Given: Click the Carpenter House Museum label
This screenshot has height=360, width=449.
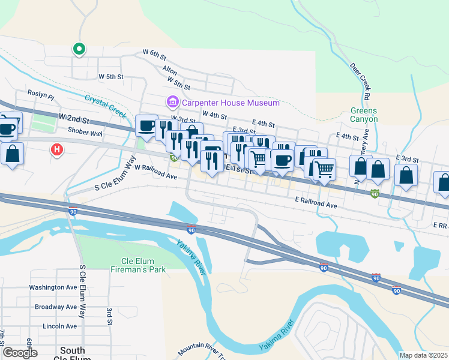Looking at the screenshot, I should point(231,103).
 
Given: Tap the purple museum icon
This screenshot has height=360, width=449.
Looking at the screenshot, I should point(173,103).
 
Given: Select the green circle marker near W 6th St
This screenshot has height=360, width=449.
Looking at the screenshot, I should point(79,49).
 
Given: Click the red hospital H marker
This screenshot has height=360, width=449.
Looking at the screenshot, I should point(57,149).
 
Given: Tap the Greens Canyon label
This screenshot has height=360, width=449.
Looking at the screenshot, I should point(364,115).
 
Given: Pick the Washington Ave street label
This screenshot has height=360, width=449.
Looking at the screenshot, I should point(53,287).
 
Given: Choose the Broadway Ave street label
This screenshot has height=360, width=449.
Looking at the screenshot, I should point(55,307).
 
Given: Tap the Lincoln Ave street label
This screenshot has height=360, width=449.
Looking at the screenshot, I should point(59,326).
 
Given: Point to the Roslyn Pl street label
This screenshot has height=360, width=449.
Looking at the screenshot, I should point(41,95).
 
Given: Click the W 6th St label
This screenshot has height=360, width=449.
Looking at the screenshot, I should point(154,53).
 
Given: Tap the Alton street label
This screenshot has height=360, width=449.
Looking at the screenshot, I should point(169,70).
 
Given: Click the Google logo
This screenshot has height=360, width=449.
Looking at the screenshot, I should point(20,353).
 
